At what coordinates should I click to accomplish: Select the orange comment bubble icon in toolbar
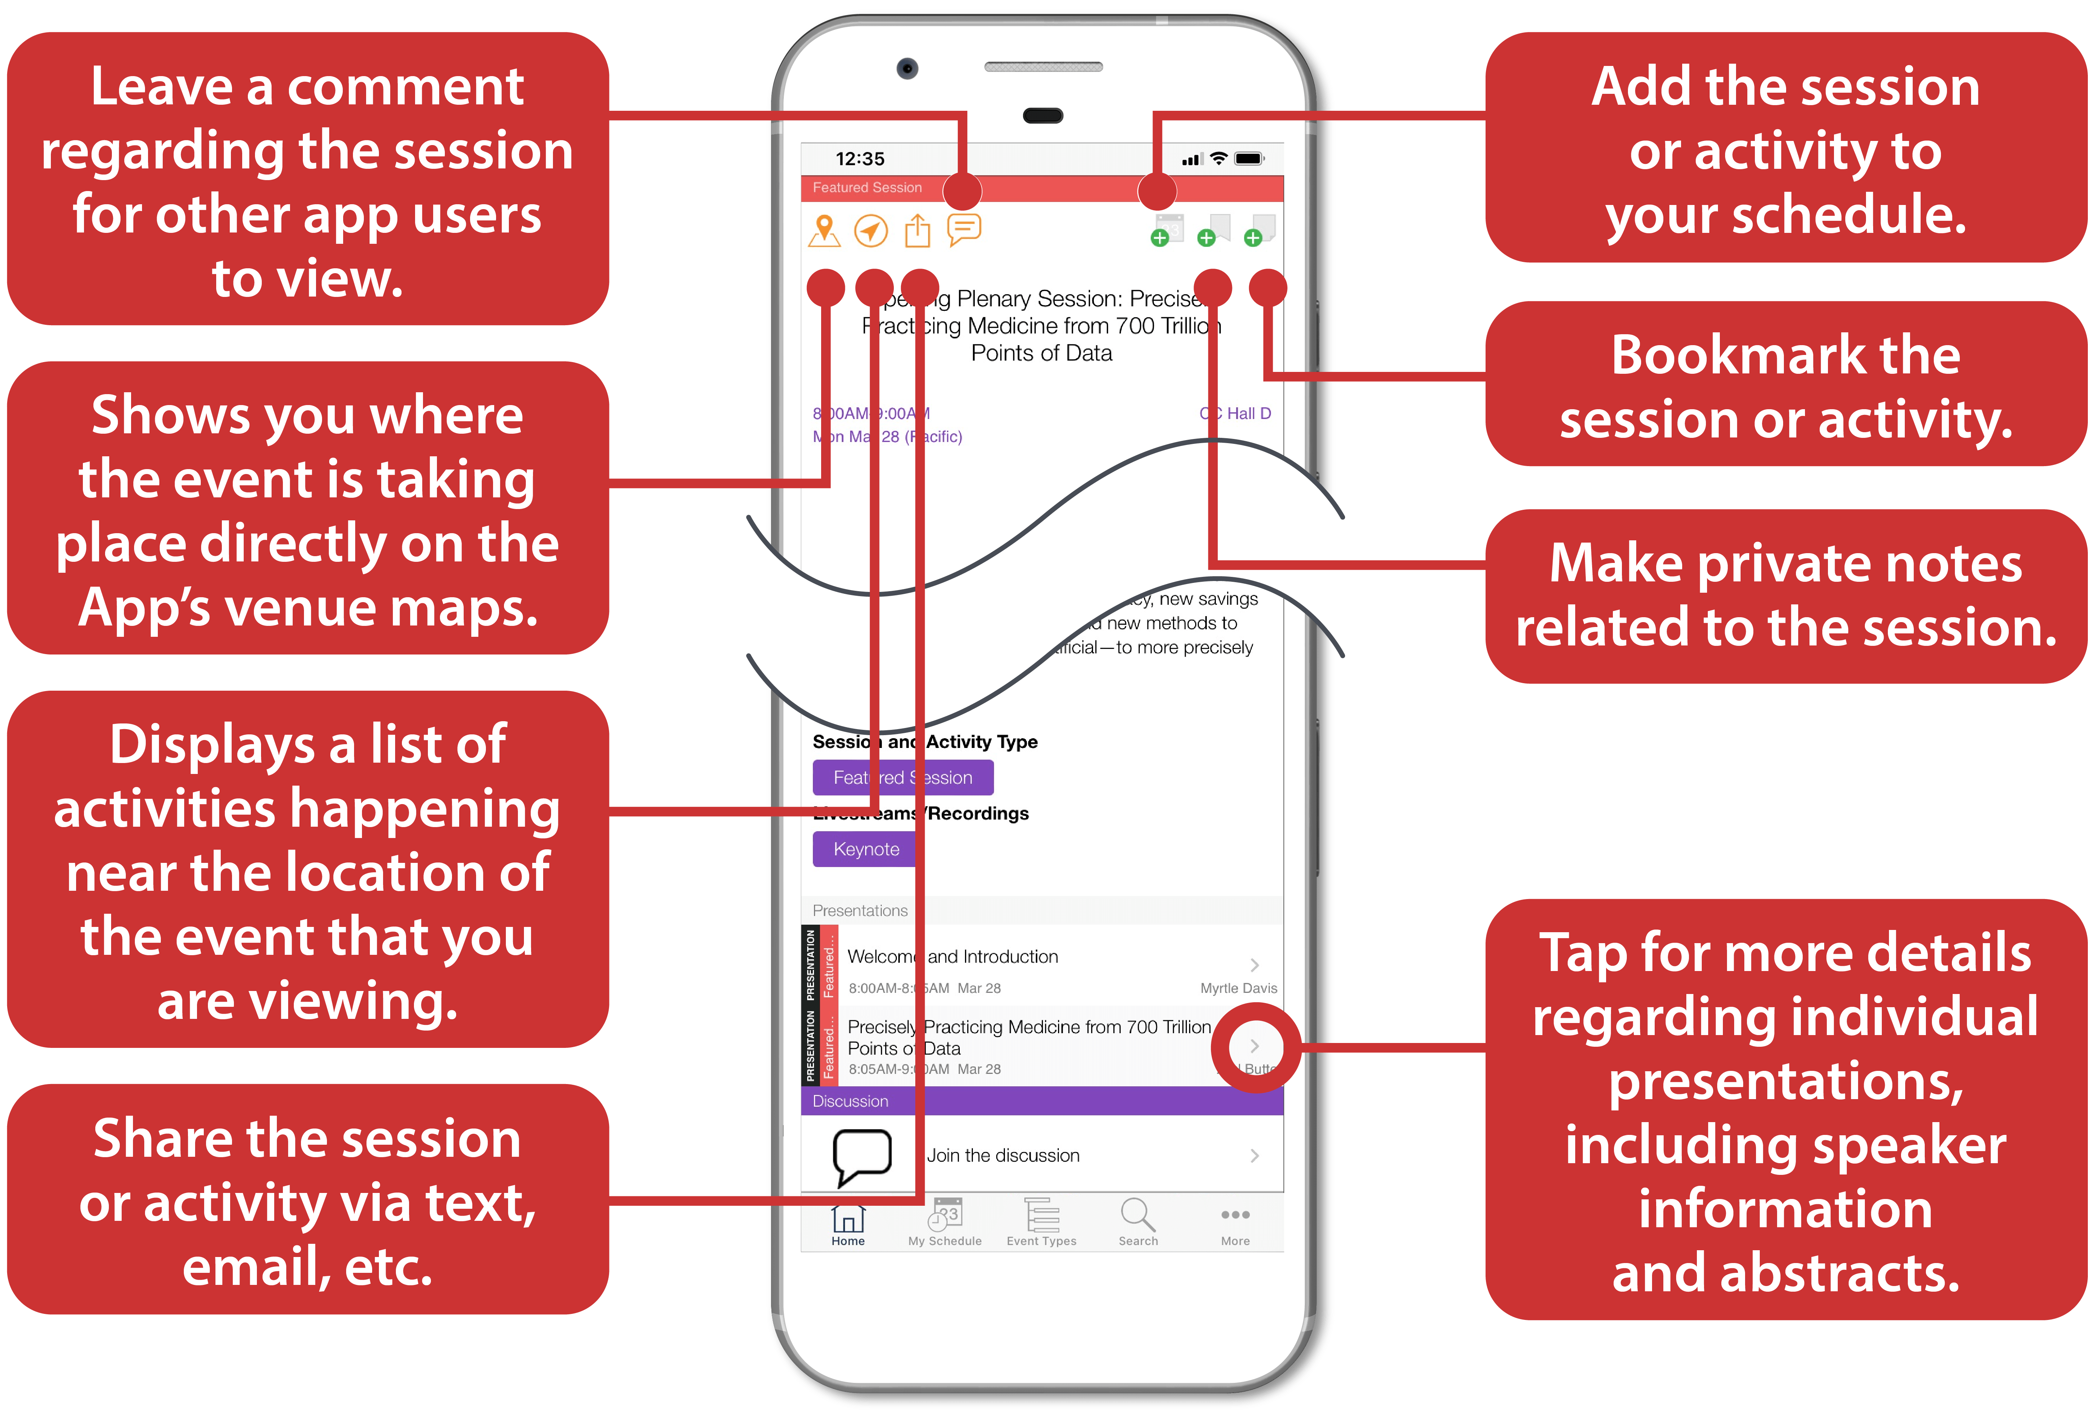tap(964, 229)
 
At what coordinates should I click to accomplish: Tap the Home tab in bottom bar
tap(847, 1224)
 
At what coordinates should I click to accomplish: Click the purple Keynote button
tap(865, 849)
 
